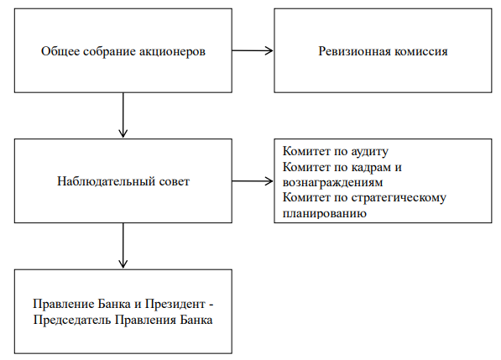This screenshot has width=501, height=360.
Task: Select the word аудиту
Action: coord(370,152)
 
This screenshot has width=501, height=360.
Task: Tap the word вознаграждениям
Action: coord(332,183)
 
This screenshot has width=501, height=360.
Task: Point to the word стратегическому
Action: coord(399,198)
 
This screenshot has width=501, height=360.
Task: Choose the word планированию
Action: coord(324,214)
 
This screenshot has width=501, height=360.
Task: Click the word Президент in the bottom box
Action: coord(175,304)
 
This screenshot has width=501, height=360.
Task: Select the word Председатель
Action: coord(72,320)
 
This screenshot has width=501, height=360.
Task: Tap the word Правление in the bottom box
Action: coord(63,304)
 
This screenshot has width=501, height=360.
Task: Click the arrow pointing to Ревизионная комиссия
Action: coord(253,50)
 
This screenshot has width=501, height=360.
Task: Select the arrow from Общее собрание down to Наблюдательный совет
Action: coord(123,115)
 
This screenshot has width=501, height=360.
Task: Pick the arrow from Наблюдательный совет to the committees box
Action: coord(253,181)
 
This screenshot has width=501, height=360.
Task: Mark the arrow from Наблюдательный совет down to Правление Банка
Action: coord(123,245)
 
